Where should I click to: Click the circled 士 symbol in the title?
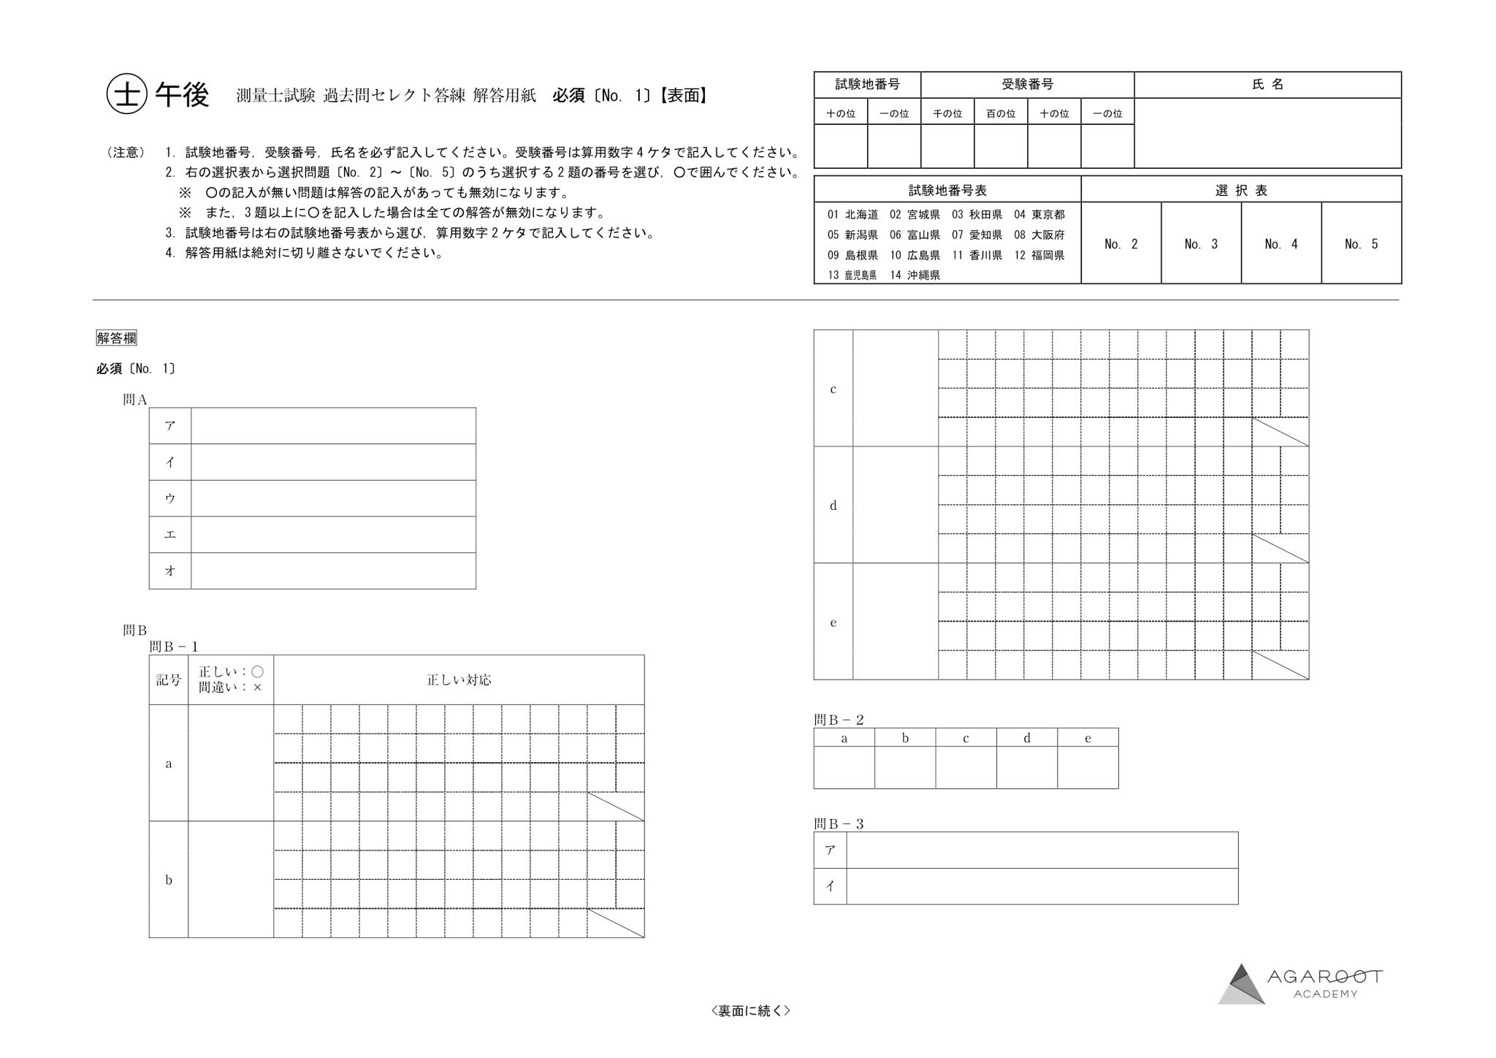tap(127, 95)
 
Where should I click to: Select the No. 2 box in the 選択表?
tap(1121, 244)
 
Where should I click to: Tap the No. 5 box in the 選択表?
tap(1361, 244)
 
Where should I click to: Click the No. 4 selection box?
tap(1281, 244)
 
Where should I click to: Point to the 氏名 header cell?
tap(1267, 85)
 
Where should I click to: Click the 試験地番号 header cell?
tap(867, 85)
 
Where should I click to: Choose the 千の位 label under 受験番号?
tap(947, 114)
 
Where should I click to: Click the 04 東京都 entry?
tap(1039, 215)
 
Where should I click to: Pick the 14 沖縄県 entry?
tap(915, 275)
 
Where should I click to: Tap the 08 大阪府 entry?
tap(1039, 235)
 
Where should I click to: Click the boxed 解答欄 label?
tap(116, 338)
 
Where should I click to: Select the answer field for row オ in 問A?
tap(333, 571)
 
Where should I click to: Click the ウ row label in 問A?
tap(170, 498)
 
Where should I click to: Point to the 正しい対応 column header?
tap(459, 680)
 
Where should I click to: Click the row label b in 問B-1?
tap(169, 880)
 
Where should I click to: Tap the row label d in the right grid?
tap(833, 506)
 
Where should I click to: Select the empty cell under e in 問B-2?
tap(1088, 767)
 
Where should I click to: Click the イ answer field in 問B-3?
tap(1042, 886)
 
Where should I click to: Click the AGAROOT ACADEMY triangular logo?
tap(1241, 984)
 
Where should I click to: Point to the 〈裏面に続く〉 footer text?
tap(750, 1011)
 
